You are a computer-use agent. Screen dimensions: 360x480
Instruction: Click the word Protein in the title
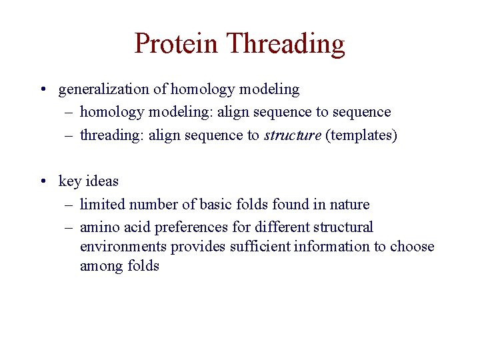[176, 43]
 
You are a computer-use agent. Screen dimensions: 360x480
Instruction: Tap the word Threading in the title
[285, 45]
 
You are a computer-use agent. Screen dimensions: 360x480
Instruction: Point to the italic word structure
[292, 135]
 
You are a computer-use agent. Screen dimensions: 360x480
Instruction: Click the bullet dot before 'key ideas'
[42, 181]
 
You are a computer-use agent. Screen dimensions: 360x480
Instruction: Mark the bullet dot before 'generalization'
[42, 89]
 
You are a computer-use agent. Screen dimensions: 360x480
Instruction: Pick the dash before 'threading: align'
[69, 135]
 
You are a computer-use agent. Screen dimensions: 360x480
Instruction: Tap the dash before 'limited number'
[69, 204]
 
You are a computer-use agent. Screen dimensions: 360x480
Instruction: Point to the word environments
[123, 247]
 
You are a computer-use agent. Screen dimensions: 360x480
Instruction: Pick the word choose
[411, 247]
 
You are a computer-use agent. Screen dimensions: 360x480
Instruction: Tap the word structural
[340, 227]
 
